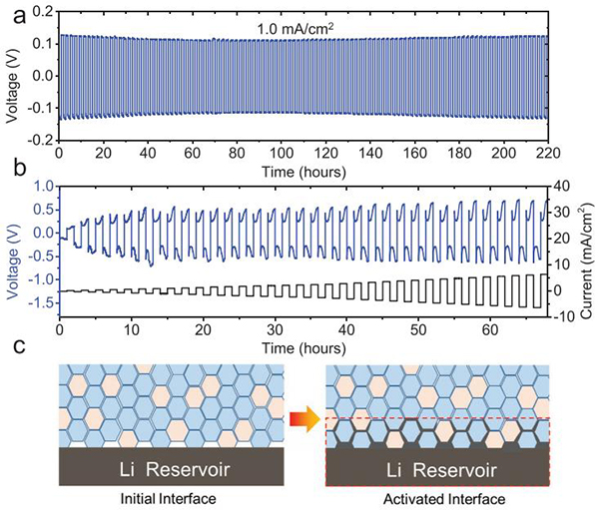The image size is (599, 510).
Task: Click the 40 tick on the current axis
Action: pos(563,186)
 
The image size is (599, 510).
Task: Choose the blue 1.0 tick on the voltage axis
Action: pos(42,186)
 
